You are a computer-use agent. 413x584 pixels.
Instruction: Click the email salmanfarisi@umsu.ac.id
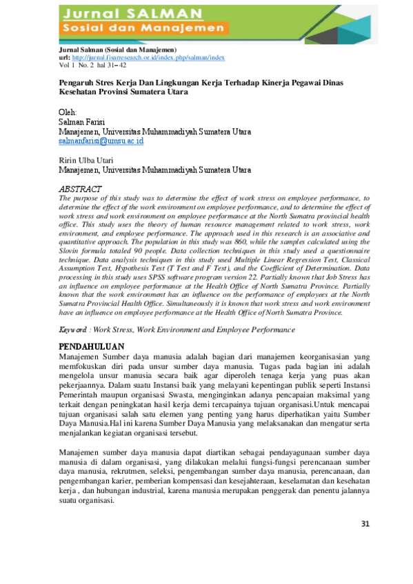pos(101,140)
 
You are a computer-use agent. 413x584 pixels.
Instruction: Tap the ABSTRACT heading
pos(81,189)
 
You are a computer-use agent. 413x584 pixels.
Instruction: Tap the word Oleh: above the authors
pos(68,112)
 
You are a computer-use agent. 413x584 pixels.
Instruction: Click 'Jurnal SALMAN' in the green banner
pos(130,13)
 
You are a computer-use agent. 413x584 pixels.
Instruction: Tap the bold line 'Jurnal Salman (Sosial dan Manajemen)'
pos(117,51)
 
